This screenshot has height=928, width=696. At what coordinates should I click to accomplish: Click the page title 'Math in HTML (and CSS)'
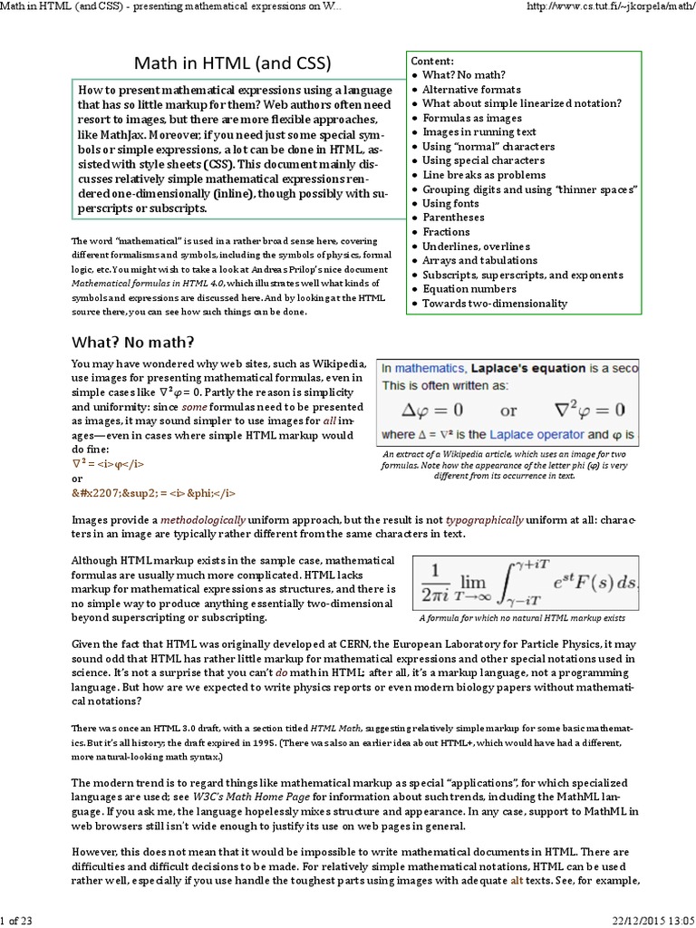point(232,63)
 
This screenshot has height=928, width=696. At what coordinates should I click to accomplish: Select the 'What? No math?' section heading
point(132,342)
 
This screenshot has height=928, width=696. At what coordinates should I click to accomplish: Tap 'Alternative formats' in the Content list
point(471,90)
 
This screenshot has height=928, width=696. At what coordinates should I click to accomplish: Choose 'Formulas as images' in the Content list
point(472,118)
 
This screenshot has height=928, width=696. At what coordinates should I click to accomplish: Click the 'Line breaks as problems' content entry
point(484,175)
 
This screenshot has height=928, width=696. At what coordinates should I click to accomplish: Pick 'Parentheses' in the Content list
point(453,217)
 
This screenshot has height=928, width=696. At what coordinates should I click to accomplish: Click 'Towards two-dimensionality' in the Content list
point(495,304)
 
